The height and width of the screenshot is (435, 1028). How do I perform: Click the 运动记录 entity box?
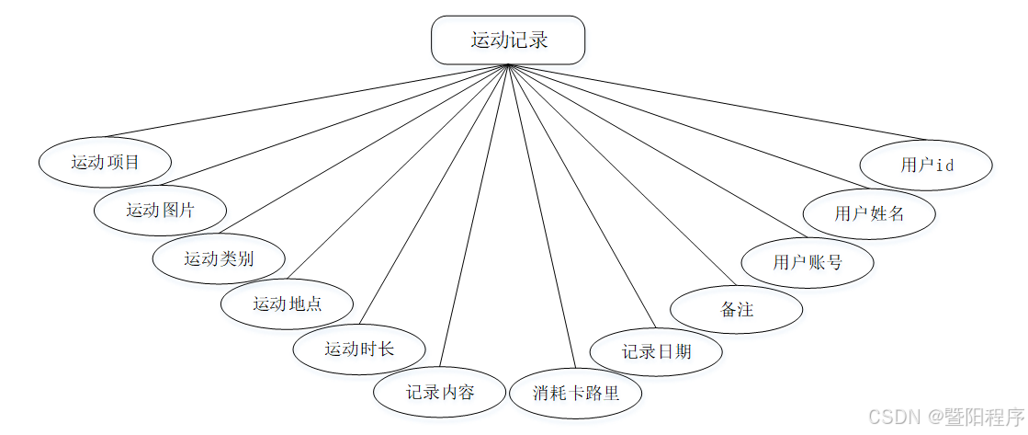click(508, 40)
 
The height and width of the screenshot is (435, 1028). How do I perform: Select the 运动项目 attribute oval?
click(105, 163)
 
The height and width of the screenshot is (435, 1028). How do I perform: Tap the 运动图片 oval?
click(160, 210)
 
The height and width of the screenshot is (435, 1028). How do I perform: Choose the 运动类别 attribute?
click(219, 258)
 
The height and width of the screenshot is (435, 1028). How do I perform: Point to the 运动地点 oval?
click(287, 303)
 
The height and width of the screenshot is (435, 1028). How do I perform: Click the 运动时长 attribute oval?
click(358, 349)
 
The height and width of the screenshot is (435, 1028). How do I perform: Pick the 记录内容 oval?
click(440, 393)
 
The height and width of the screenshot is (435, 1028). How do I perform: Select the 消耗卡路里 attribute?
click(576, 394)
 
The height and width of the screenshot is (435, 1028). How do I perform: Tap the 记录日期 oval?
click(656, 351)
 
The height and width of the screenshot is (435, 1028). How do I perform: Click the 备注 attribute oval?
click(737, 309)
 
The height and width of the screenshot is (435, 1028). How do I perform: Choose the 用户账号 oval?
click(808, 262)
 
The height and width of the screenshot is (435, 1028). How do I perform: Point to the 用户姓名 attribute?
click(869, 213)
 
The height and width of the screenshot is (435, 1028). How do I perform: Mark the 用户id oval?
click(926, 166)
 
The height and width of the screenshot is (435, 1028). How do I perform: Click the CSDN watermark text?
click(891, 417)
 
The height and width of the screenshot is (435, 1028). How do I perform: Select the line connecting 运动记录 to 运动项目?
click(303, 101)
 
